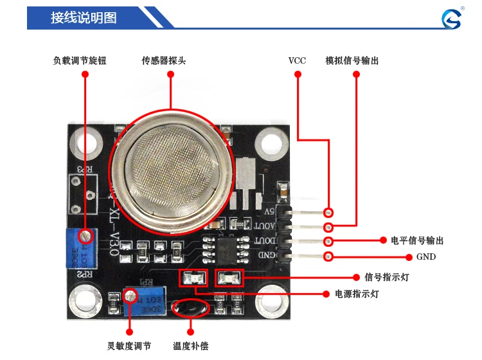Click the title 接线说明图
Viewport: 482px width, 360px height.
(84, 18)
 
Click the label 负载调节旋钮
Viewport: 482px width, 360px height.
(79, 61)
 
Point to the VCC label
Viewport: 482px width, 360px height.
(297, 61)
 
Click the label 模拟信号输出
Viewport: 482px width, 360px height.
(352, 61)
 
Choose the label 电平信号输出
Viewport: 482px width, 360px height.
(417, 241)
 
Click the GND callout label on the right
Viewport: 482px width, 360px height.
(425, 257)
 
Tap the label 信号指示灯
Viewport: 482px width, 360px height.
(386, 277)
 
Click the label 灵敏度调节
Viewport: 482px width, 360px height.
(129, 346)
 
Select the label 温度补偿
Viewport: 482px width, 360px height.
(191, 346)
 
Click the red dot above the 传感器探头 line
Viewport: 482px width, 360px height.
(171, 75)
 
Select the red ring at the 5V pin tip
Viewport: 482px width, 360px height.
(328, 212)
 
